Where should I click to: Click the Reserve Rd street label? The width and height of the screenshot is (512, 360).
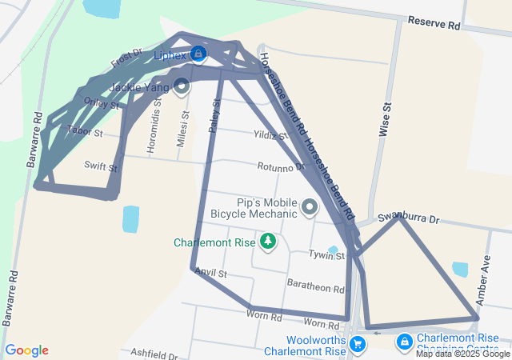pyautogui.click(x=434, y=22)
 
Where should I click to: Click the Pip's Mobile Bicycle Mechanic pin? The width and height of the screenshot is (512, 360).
pyautogui.click(x=310, y=209)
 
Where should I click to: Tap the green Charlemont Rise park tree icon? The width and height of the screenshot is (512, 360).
pyautogui.click(x=267, y=241)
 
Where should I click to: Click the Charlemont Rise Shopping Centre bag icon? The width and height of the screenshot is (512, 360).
pyautogui.click(x=405, y=342)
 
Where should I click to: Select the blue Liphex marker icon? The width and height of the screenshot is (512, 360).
pyautogui.click(x=198, y=54)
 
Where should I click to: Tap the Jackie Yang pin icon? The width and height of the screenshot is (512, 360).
pyautogui.click(x=182, y=85)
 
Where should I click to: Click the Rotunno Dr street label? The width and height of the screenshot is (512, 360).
pyautogui.click(x=282, y=167)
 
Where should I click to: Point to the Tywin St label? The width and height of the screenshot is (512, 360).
pyautogui.click(x=327, y=255)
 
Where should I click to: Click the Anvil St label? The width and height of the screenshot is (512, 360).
pyautogui.click(x=211, y=274)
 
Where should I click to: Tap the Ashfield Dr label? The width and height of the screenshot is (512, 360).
pyautogui.click(x=153, y=353)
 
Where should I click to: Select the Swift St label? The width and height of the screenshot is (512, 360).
pyautogui.click(x=101, y=167)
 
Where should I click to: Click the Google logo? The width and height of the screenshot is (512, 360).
pyautogui.click(x=26, y=350)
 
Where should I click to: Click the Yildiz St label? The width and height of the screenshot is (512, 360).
pyautogui.click(x=270, y=135)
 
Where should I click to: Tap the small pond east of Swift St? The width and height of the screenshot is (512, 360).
pyautogui.click(x=130, y=218)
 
